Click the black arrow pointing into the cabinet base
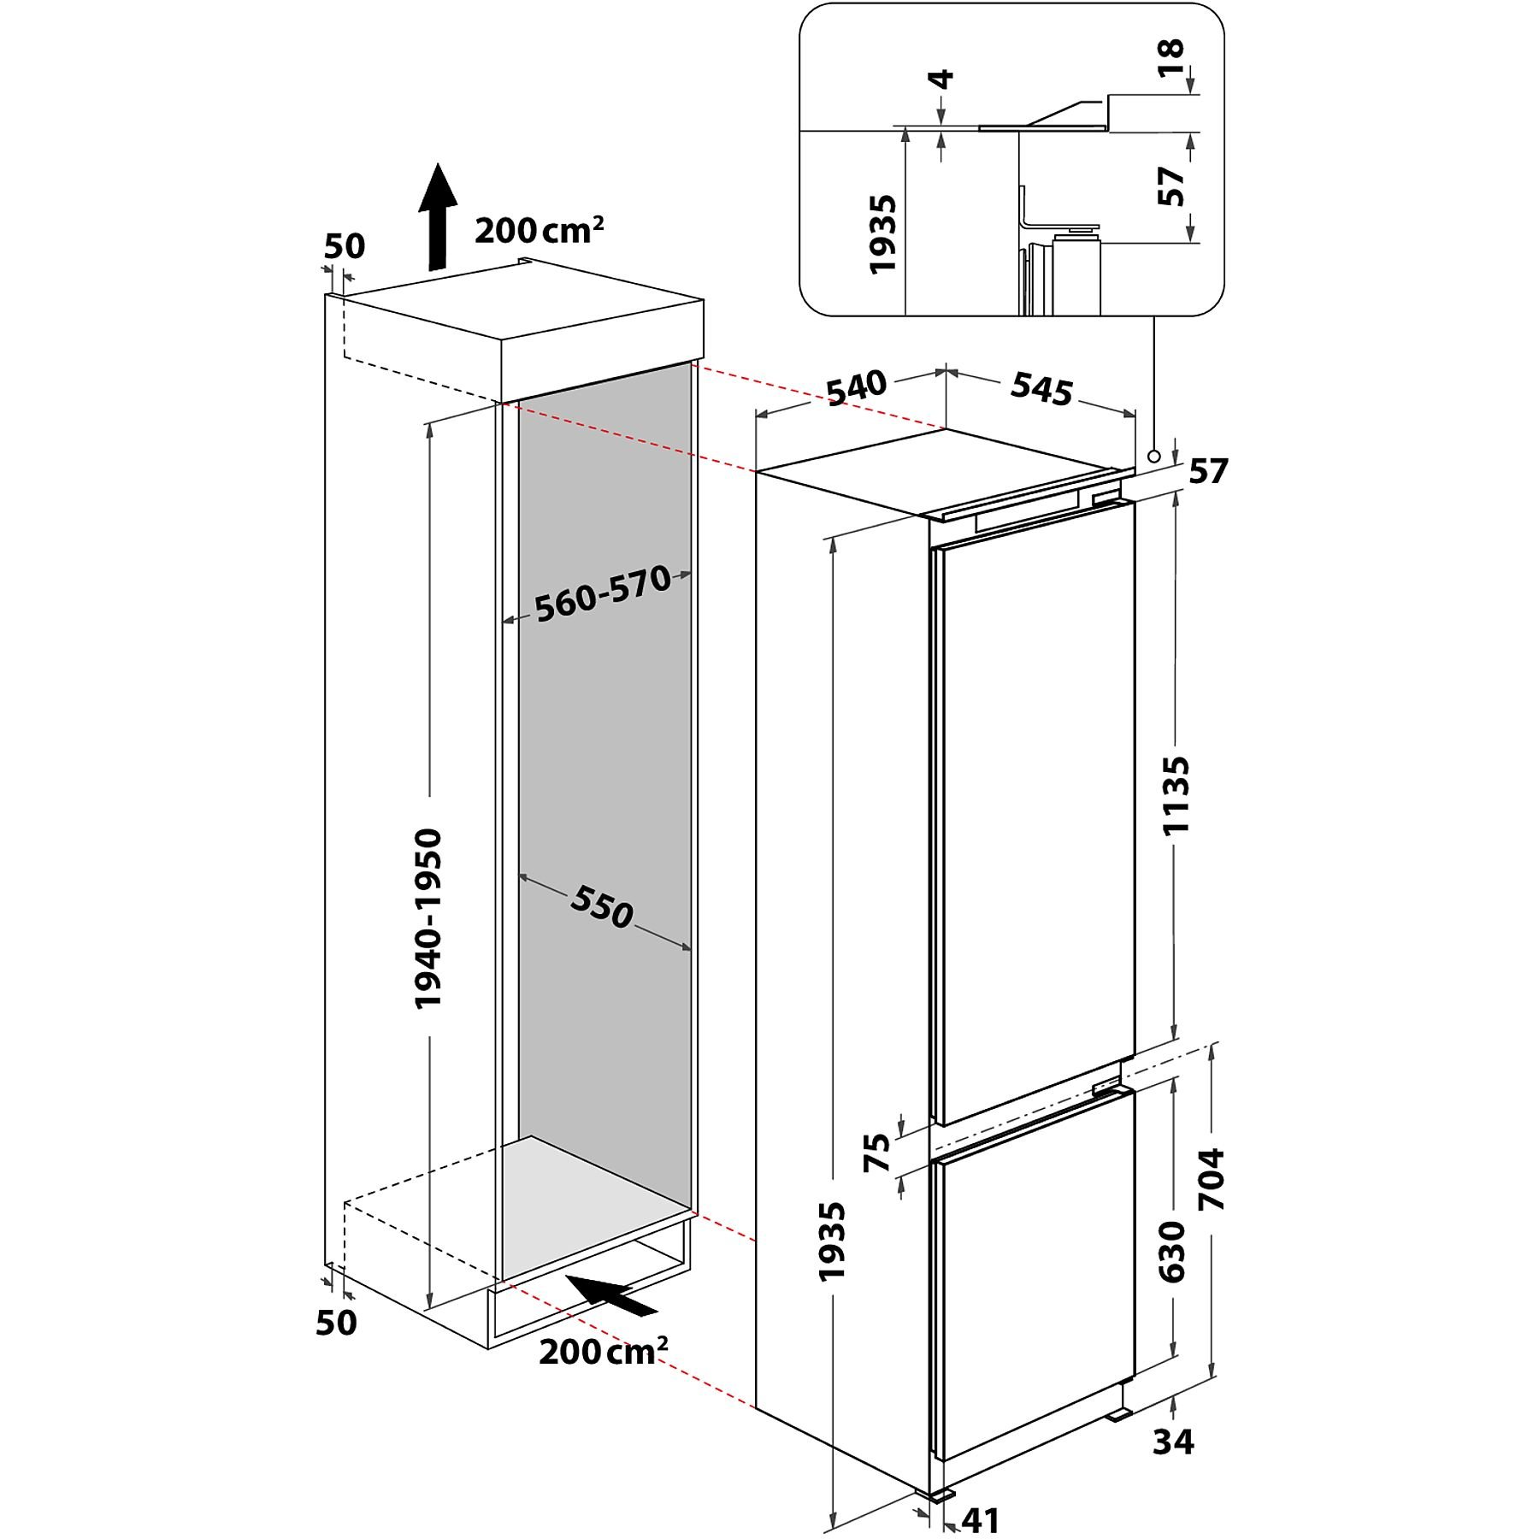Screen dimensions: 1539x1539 [x=612, y=1295]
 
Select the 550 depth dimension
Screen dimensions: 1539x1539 [x=602, y=906]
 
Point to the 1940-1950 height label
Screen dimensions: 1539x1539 [x=428, y=918]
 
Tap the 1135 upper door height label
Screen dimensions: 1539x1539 [x=1176, y=794]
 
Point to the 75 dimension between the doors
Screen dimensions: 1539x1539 [x=877, y=1152]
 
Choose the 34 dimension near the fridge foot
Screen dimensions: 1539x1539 [x=1173, y=1442]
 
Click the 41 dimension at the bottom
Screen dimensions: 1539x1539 [x=980, y=1519]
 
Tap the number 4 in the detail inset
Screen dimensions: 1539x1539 [x=941, y=80]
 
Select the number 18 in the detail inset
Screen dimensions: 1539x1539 [x=1171, y=58]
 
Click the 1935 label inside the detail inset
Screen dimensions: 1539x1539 [x=882, y=234]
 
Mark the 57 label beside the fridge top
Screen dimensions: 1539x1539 [x=1208, y=471]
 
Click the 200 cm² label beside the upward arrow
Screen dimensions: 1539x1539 [x=540, y=230]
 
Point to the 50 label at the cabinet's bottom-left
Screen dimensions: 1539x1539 [x=336, y=1322]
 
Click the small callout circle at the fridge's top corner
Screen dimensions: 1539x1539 [x=1154, y=457]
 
